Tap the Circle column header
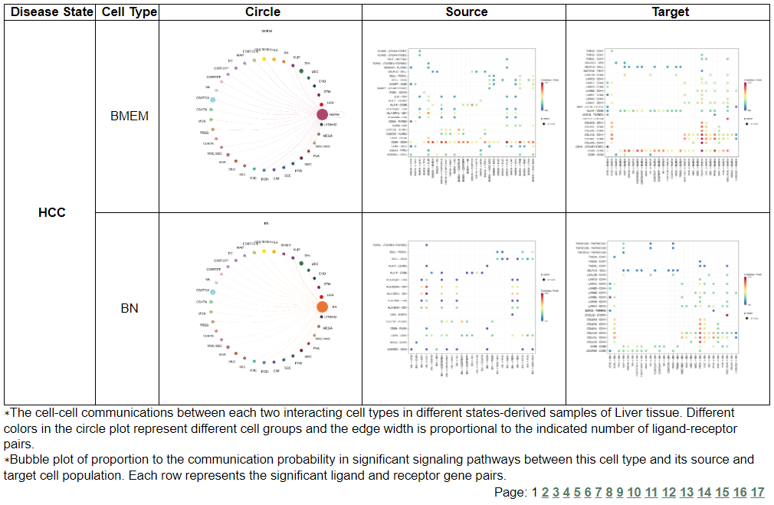click(x=263, y=11)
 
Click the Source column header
click(x=466, y=11)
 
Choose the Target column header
click(x=671, y=11)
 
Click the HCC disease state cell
click(x=52, y=212)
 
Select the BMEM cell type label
click(x=130, y=116)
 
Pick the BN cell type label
click(x=130, y=309)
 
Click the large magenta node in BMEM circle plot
click(x=323, y=115)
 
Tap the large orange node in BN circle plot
click(x=323, y=307)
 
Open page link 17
click(x=757, y=492)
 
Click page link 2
click(x=545, y=492)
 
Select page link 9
click(x=620, y=492)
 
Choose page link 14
click(x=703, y=492)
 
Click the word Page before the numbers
click(x=511, y=492)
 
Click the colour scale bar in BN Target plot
click(x=745, y=288)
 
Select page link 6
click(x=588, y=492)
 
